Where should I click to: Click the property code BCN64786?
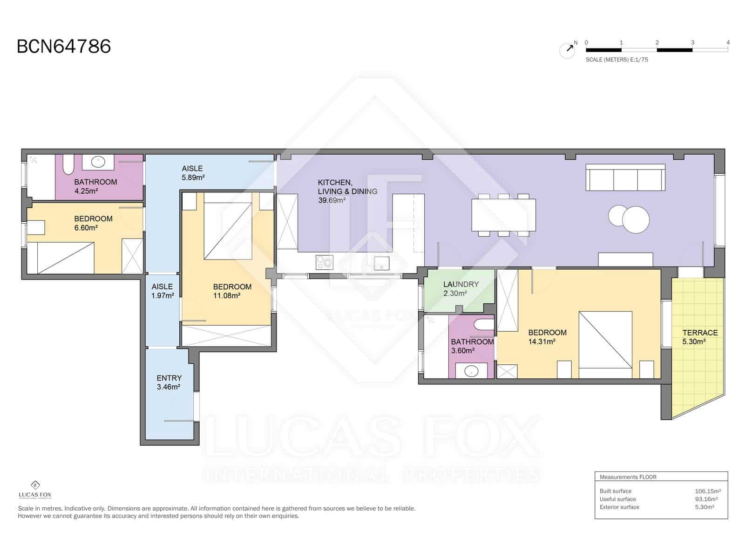coord(64,47)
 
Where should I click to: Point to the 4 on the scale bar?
coord(728,42)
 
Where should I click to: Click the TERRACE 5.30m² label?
coord(699,337)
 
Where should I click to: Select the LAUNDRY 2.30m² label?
coord(460,289)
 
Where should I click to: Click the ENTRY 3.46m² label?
coord(169,382)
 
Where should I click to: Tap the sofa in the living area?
coord(625,177)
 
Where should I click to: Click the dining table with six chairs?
coord(503,215)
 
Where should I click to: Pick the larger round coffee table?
coord(636,219)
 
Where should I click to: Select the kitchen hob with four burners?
coord(324,262)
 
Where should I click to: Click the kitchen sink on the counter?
coord(382,262)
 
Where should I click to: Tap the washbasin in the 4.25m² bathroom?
coord(98,162)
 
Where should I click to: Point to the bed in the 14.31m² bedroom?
coord(605,345)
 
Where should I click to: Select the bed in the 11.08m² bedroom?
coord(228,231)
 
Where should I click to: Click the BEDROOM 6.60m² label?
coord(93,223)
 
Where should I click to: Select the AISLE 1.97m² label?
coord(162,291)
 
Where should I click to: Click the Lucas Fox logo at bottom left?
coord(35,490)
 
